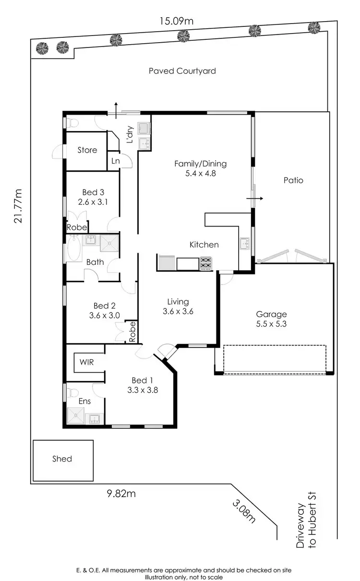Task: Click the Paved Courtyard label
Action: (182, 71)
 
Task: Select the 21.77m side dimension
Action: (18, 205)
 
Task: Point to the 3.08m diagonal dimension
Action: (242, 511)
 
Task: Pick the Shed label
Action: (62, 459)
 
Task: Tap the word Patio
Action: (293, 181)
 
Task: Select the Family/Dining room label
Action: (200, 168)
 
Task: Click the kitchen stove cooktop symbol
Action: (206, 263)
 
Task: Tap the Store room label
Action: (87, 150)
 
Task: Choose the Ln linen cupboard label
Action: (115, 161)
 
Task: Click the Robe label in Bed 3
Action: (76, 227)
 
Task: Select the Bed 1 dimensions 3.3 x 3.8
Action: (143, 390)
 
